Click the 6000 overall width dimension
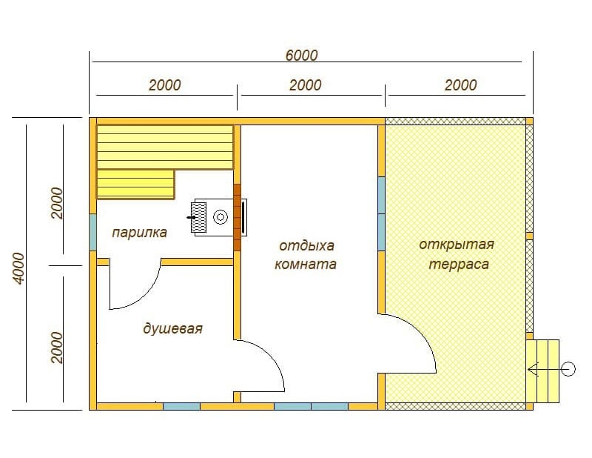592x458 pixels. [301, 56]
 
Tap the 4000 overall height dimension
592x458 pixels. [18, 268]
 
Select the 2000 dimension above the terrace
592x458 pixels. [460, 85]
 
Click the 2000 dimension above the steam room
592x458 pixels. [164, 85]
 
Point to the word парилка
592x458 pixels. [139, 232]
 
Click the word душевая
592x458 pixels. [172, 328]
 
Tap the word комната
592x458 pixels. [305, 264]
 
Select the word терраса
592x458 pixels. [459, 264]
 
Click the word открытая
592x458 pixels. [457, 245]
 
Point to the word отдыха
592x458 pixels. [306, 246]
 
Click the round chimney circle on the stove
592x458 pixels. [221, 217]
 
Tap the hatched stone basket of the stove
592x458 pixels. [198, 217]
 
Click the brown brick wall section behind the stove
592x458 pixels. [237, 217]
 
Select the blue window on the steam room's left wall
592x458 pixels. [93, 232]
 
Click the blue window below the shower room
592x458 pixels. [181, 407]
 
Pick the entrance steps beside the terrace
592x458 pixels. [542, 371]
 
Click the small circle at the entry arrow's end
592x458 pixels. [568, 369]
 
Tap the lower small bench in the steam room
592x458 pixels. [136, 185]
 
